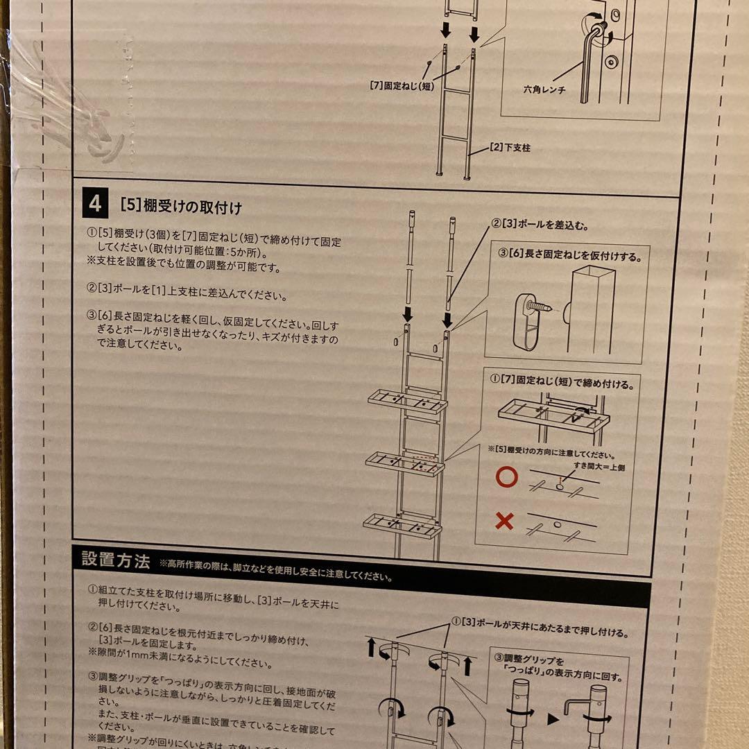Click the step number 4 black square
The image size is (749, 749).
click(x=95, y=205)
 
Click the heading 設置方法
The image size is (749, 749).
click(x=115, y=560)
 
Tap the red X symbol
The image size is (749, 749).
click(x=505, y=521)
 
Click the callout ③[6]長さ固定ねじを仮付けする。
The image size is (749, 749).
click(x=570, y=256)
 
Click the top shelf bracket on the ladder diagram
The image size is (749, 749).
click(x=408, y=400)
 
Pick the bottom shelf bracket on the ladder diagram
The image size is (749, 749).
click(x=402, y=525)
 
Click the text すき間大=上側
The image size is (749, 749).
click(x=598, y=468)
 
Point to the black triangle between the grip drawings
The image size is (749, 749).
click(x=553, y=720)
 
